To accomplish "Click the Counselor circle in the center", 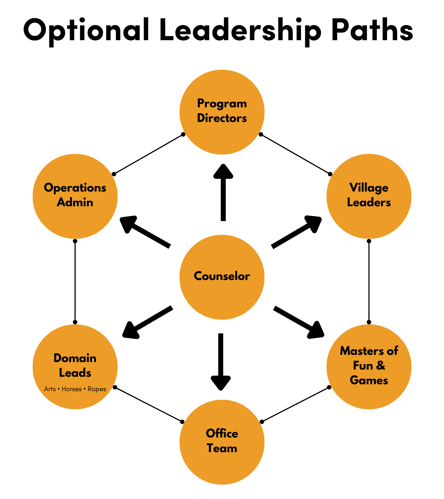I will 222,277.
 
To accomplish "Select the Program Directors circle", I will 222,112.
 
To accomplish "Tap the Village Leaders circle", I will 369,196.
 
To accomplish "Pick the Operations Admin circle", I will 75,196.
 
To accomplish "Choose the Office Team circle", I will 222,442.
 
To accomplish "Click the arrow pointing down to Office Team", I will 221,360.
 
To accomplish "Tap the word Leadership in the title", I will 240,30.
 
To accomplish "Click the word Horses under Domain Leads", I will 72,389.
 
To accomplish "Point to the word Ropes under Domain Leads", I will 97,389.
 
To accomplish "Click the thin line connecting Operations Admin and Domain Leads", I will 75,281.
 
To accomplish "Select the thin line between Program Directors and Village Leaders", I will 295,154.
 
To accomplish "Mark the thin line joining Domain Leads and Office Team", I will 148,404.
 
